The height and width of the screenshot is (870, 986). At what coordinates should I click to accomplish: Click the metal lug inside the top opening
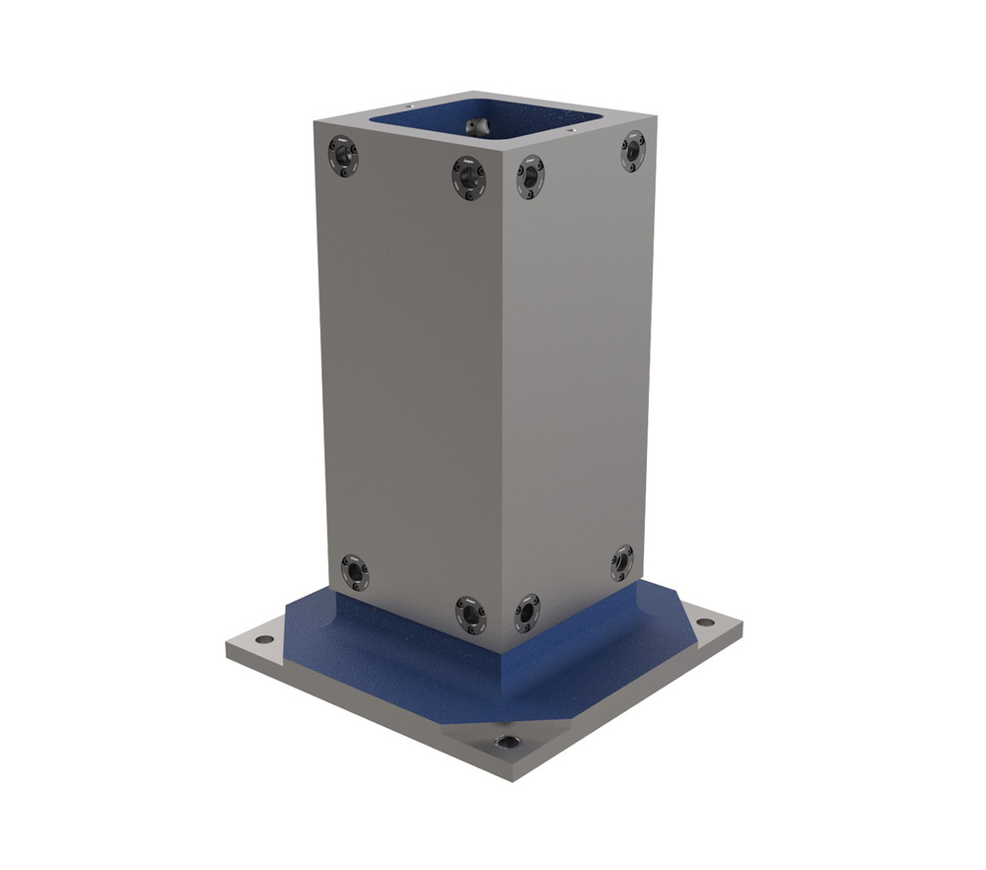[477, 125]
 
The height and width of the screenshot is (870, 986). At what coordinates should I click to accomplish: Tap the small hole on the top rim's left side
[409, 107]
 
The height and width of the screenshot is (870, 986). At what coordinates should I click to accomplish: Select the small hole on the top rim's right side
[571, 127]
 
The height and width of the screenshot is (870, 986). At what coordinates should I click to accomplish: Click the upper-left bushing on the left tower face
[342, 156]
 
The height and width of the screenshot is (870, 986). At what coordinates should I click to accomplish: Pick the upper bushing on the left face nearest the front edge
[468, 178]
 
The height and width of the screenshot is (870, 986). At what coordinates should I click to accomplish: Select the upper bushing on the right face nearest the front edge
[529, 177]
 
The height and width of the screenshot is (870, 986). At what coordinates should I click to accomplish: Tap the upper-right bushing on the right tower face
[632, 151]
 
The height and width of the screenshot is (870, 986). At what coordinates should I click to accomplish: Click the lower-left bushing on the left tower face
[354, 572]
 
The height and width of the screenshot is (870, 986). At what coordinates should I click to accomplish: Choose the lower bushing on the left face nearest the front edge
[470, 614]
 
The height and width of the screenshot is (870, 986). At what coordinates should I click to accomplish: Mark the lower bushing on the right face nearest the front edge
[528, 614]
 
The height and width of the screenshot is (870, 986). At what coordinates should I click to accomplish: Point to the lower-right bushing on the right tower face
[621, 562]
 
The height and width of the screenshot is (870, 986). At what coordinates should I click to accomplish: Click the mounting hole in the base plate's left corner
[264, 639]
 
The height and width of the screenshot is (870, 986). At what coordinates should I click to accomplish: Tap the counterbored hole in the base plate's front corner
[507, 742]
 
